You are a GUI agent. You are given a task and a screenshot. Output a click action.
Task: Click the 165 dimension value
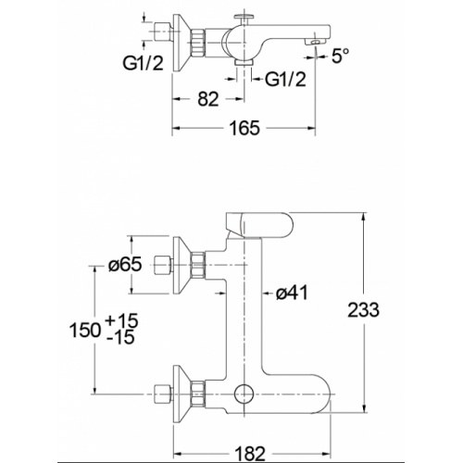pos(244,128)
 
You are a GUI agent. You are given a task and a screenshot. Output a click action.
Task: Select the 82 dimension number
pos(208,99)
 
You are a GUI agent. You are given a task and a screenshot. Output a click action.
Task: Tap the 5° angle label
pos(341,56)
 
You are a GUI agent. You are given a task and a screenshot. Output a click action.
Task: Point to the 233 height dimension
pos(363,309)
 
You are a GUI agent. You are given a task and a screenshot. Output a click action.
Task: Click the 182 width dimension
pos(250,454)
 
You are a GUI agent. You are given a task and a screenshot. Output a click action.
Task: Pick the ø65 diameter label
pos(125,264)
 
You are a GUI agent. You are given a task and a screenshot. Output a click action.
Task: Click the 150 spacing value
pos(85,330)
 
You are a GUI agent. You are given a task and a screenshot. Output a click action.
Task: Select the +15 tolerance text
pos(121,320)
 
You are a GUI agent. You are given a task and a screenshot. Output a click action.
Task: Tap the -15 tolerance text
pos(120,336)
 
